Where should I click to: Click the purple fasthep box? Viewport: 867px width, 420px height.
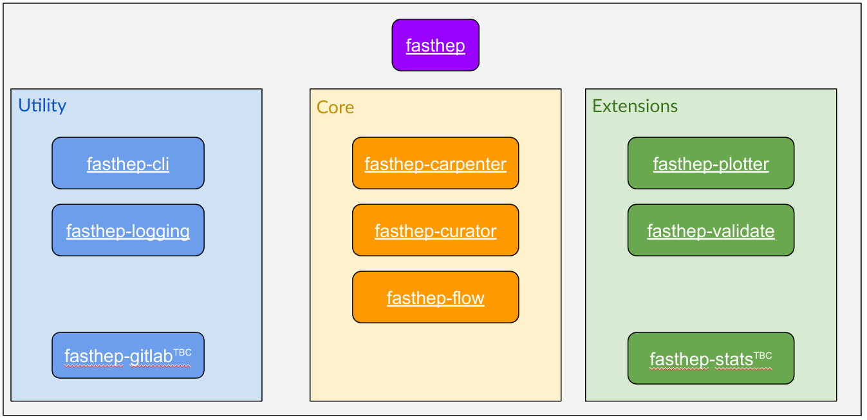[436, 45]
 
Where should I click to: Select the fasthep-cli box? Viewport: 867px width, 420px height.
[128, 163]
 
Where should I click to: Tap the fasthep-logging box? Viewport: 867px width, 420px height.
[128, 230]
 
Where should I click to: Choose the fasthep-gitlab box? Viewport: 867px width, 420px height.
[128, 356]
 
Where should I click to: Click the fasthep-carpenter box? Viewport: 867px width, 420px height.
[436, 163]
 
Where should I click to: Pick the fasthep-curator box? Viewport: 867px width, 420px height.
[436, 230]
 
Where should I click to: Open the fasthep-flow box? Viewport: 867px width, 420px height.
[436, 297]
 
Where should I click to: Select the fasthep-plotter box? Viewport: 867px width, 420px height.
[711, 163]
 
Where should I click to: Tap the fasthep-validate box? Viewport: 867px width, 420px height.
[711, 230]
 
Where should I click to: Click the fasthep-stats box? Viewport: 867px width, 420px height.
[711, 358]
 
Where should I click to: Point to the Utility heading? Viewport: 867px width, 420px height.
[42, 106]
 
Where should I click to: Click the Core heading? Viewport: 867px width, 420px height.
[335, 108]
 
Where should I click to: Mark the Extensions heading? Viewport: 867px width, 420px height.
[635, 106]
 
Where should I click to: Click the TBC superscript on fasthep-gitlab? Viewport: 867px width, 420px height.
[183, 352]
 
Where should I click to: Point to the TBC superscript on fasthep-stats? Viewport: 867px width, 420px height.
[763, 356]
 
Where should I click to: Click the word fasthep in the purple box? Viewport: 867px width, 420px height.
[436, 46]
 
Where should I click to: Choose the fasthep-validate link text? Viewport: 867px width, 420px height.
[711, 231]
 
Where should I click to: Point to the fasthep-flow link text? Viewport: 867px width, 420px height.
[436, 298]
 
